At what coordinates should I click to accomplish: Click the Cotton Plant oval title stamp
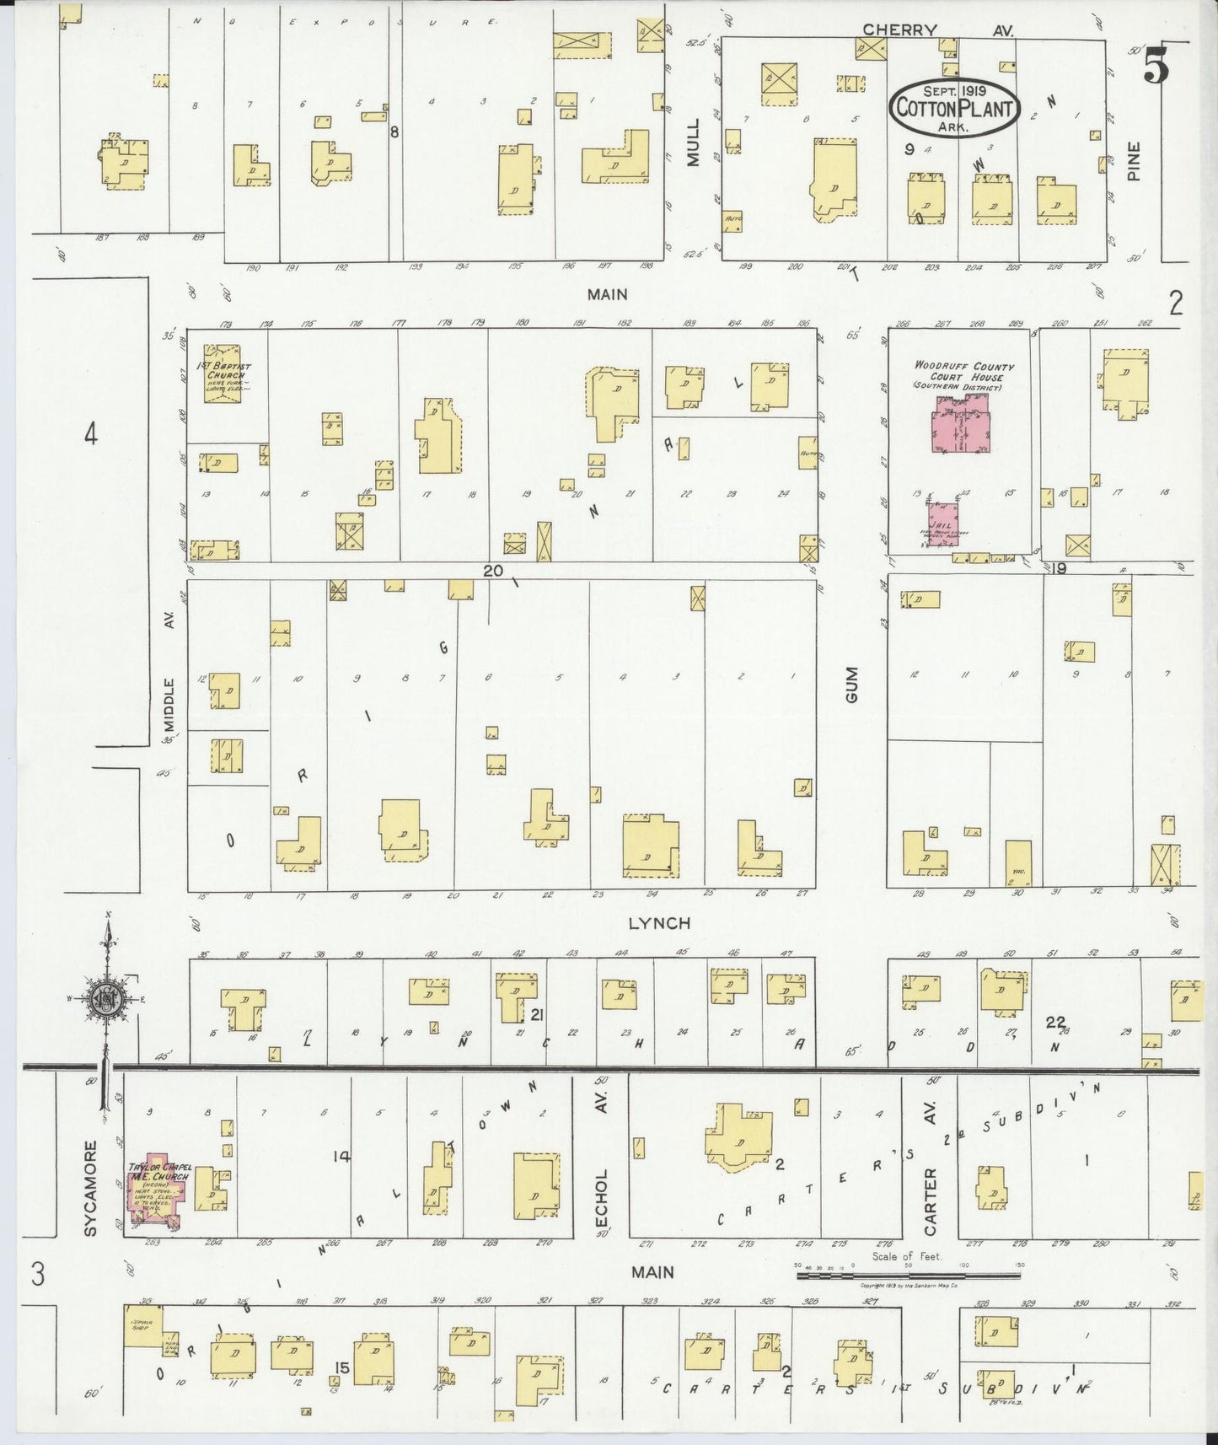955,107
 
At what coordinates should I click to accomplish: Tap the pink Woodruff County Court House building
961,425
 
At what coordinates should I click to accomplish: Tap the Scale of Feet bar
908,1275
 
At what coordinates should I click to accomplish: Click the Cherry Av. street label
936,30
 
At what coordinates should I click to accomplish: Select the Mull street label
694,142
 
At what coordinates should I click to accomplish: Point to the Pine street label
1134,160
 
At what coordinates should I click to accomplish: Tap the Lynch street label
659,923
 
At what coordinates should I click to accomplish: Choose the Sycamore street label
91,1188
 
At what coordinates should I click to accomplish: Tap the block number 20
493,571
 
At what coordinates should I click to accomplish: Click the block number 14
341,1157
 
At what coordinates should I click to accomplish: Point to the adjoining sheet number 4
91,433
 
